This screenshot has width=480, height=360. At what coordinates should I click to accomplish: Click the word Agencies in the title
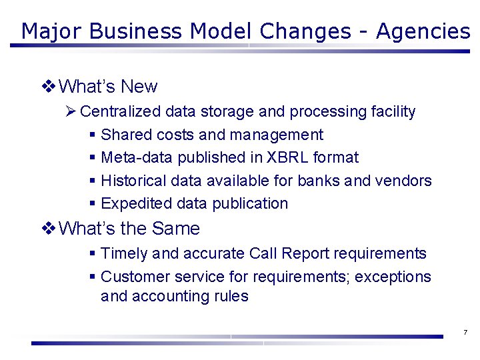pos(423,31)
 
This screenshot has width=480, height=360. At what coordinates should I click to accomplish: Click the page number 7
pos(465,332)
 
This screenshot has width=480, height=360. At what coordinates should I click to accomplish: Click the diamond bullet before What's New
pos(48,86)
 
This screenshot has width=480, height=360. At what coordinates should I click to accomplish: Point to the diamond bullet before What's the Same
pos(48,228)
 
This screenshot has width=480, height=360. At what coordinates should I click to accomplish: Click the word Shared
pos(126,135)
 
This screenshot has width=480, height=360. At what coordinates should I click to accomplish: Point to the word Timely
pos(124,253)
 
